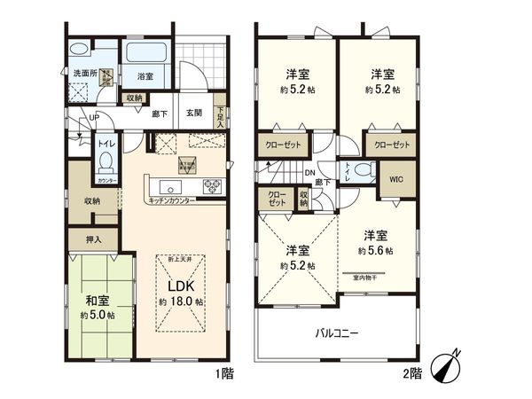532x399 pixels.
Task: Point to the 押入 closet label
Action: pyautogui.click(x=93, y=239)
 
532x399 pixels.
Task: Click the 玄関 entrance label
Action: pyautogui.click(x=194, y=113)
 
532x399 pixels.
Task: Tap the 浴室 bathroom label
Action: pyautogui.click(x=144, y=77)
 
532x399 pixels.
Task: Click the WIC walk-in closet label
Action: pyautogui.click(x=395, y=180)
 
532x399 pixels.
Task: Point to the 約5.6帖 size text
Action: pyautogui.click(x=377, y=251)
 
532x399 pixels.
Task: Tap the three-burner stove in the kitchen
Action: pyautogui.click(x=214, y=186)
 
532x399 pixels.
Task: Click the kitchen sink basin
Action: pyautogui.click(x=171, y=186)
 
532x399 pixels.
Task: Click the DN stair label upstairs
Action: pyautogui.click(x=309, y=173)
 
